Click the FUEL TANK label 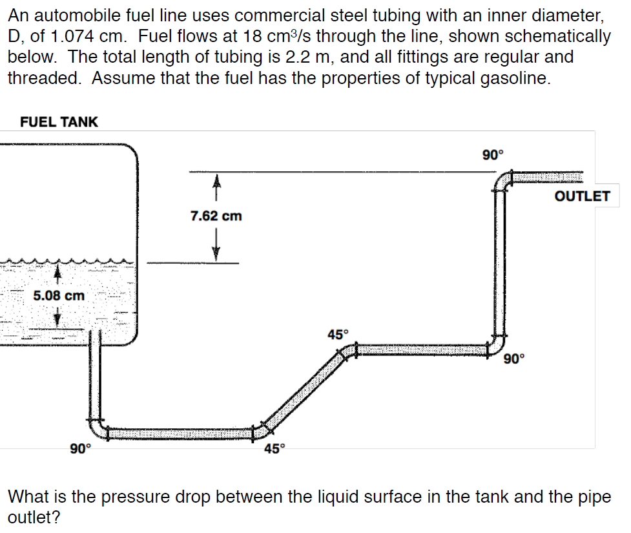point(59,121)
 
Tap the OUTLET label point(582,196)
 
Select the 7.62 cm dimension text point(216,216)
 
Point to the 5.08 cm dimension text point(59,296)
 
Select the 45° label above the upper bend point(337,335)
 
